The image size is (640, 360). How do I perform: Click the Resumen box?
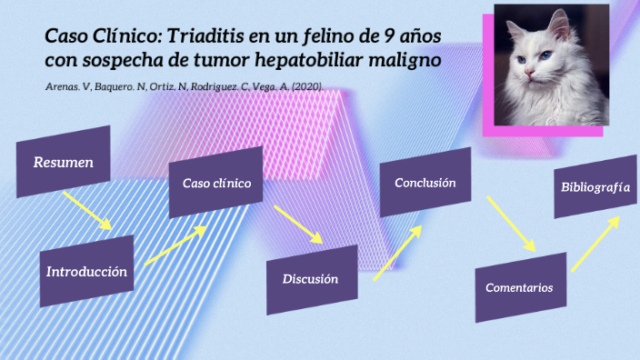pos(63,162)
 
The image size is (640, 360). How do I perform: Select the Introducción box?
pos(86,271)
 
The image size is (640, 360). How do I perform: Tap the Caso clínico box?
pos(216,183)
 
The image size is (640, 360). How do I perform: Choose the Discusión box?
pos(310,279)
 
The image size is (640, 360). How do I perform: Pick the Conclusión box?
pos(425,183)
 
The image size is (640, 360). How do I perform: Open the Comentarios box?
pos(519,287)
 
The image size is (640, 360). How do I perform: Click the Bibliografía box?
pos(595,187)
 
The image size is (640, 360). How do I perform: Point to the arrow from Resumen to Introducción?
pos(87,210)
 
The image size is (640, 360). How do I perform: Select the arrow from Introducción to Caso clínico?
pos(175,245)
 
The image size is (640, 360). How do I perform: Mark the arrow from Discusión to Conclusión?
pos(398,253)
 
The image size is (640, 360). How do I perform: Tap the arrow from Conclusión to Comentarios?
pos(512,224)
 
